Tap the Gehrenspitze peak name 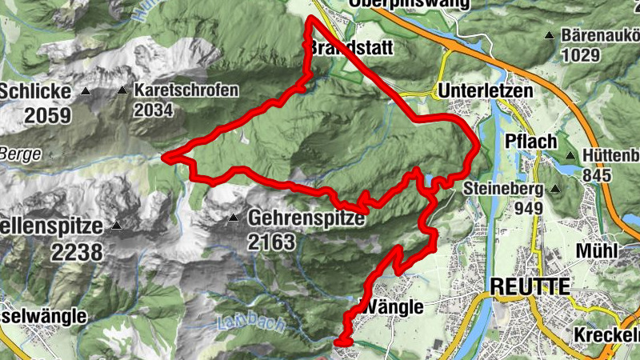tap(306, 218)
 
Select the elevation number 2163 tap(272, 242)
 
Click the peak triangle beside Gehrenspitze tap(234, 218)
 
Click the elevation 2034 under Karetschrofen tap(154, 110)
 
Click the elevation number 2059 tap(47, 116)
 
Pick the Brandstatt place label tap(349, 49)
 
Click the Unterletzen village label tap(485, 91)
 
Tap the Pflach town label tap(531, 142)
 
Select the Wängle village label tap(392, 306)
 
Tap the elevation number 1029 tap(580, 55)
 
